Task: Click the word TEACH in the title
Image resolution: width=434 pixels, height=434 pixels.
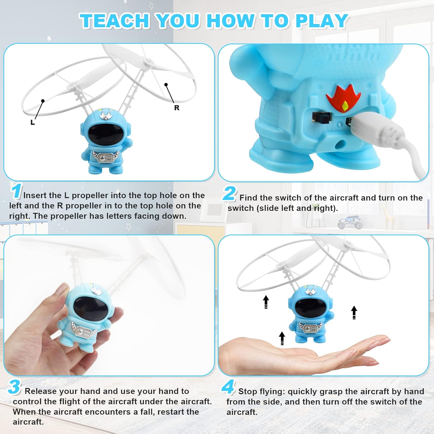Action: coord(115,21)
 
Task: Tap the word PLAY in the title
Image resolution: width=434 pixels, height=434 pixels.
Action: coord(321,21)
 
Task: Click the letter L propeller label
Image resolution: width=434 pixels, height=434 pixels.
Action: coord(33,122)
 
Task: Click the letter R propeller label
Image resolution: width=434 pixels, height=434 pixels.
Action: coord(177,108)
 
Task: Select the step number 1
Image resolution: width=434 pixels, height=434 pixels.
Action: coord(16,191)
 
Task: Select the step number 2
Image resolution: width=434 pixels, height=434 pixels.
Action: coord(229,194)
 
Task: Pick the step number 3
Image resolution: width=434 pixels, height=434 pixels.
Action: coord(14,387)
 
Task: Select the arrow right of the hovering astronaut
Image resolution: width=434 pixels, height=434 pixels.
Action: coord(354,312)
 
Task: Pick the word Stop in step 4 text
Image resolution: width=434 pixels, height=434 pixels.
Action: coord(247,391)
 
